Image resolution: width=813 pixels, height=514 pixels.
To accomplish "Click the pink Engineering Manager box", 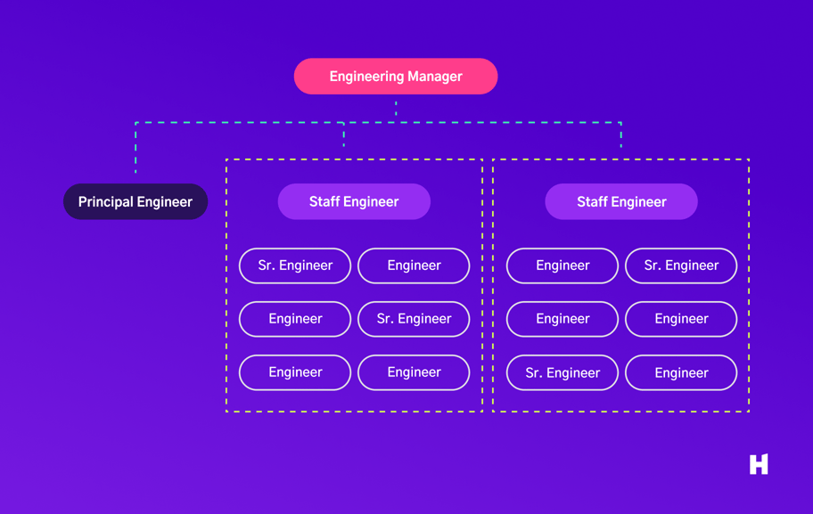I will click(396, 77).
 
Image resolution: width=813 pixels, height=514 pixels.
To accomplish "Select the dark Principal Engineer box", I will click(135, 202).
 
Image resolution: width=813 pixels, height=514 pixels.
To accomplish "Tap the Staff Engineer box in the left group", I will click(354, 202).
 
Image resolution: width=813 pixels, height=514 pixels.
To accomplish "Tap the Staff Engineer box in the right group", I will click(621, 202).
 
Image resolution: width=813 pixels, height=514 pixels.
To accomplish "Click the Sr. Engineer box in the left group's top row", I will click(295, 265).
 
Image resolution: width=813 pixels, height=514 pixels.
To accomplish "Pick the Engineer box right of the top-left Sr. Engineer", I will click(414, 265).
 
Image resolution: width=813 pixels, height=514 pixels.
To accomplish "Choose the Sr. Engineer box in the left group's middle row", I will click(414, 319).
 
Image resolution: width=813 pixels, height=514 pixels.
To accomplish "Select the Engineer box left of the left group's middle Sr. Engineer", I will click(295, 319).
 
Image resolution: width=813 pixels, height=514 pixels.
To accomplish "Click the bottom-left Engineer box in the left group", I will click(295, 372).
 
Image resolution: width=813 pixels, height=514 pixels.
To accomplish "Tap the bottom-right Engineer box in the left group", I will click(414, 372).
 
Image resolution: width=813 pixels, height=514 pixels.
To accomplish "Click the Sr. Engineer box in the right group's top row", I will click(681, 265).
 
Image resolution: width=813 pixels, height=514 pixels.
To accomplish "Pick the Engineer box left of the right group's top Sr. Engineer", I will click(563, 265).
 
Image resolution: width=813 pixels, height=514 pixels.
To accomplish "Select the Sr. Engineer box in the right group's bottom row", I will click(563, 373).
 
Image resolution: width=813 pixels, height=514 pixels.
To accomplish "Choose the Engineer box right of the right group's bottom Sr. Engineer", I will click(681, 373).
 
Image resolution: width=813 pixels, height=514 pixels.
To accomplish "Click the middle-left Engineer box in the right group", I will click(563, 319).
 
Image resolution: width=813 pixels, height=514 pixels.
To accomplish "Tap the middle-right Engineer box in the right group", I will click(681, 319).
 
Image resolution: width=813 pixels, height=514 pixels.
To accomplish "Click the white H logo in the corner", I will click(759, 464).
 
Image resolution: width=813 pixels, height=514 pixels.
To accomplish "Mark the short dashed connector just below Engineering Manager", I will click(396, 109).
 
